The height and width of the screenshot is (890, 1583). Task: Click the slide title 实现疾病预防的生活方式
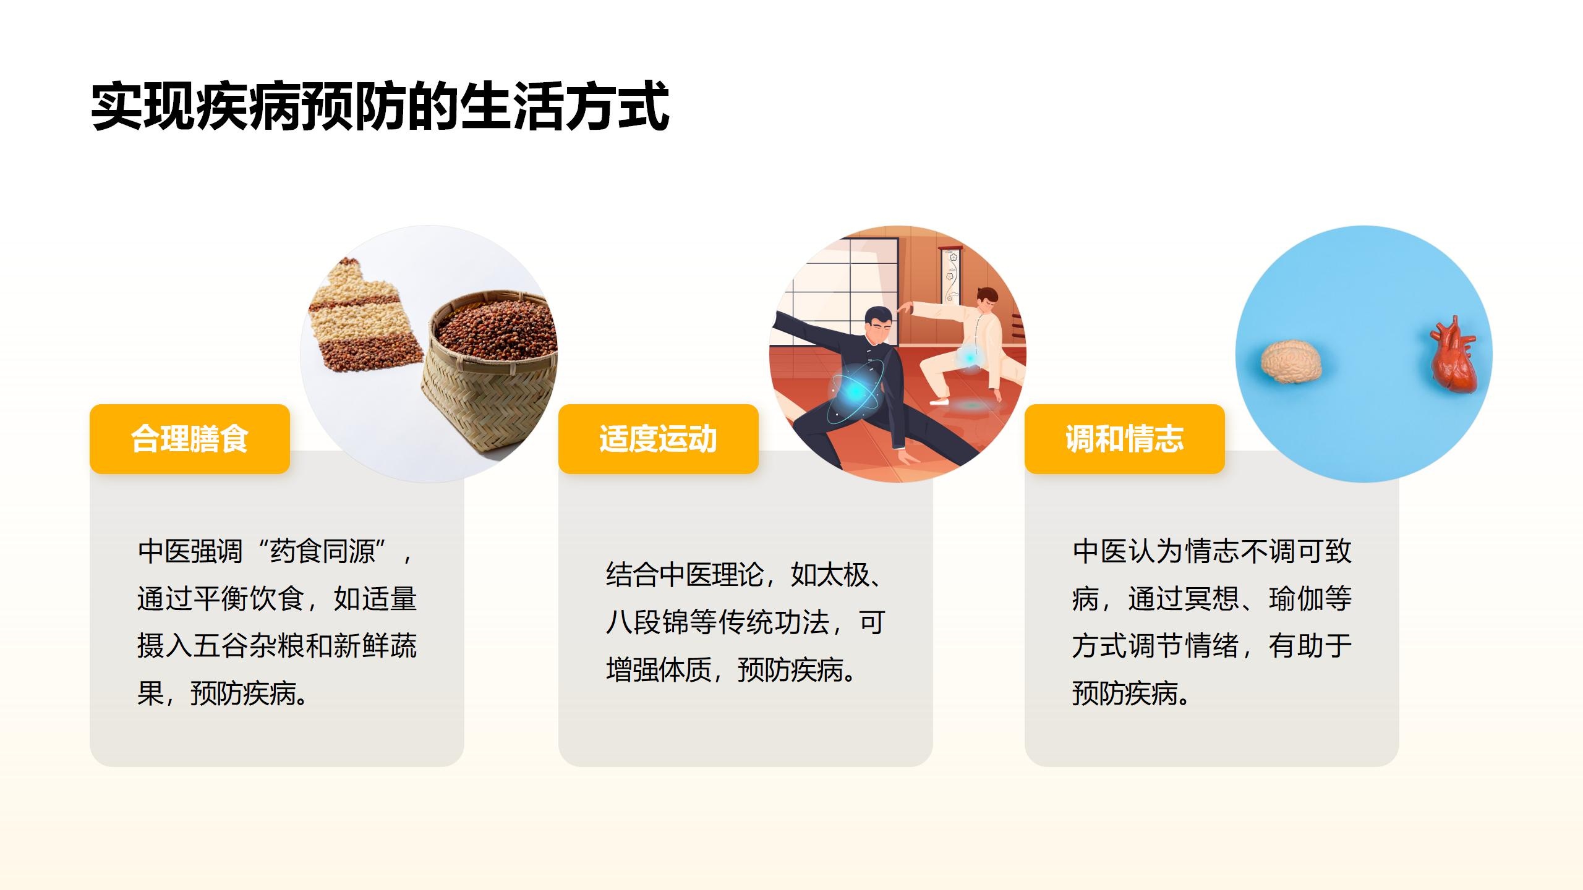(x=380, y=106)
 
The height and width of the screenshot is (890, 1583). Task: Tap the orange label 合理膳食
(x=190, y=439)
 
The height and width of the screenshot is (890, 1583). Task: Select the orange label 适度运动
(x=658, y=439)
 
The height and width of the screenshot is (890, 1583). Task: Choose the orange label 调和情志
(x=1124, y=439)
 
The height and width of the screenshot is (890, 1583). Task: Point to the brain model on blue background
(x=1291, y=362)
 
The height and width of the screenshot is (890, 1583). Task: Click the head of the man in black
(x=879, y=328)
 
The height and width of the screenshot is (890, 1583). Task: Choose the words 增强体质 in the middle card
(x=659, y=670)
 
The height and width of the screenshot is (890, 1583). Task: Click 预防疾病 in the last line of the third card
(x=1125, y=694)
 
